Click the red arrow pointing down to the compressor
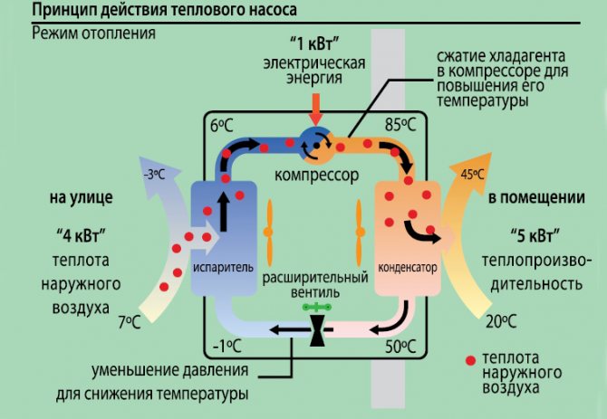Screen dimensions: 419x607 tap(315, 110)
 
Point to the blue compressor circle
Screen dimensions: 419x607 tap(316, 141)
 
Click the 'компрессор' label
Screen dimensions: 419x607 tap(316, 173)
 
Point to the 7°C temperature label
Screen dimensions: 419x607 tap(130, 321)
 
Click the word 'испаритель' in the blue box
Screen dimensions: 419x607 tap(216, 270)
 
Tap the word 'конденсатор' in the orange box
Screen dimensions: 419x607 tap(408, 270)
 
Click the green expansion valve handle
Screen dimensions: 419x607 tap(317, 308)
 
